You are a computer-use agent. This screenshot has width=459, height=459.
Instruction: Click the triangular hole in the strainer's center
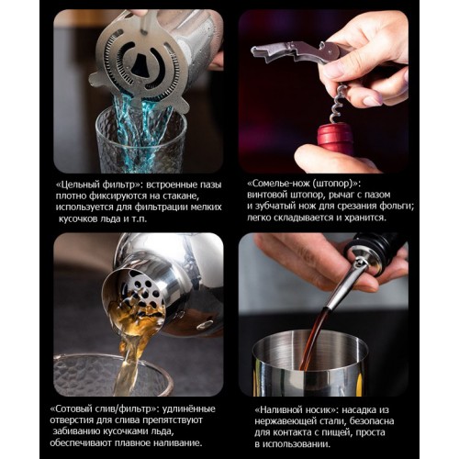(140, 64)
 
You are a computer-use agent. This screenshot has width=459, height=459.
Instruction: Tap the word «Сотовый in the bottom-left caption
(73, 409)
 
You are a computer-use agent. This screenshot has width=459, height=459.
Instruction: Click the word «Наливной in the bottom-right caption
(278, 409)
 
